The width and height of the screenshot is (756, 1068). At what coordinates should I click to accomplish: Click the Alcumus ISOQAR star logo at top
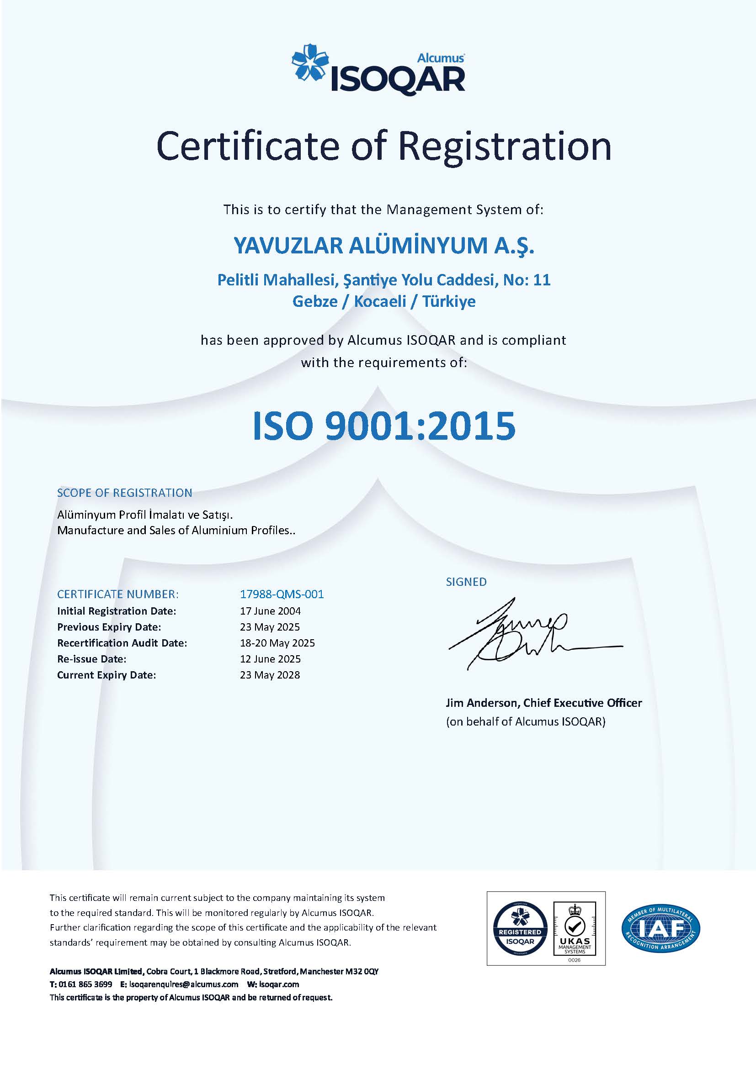(x=309, y=66)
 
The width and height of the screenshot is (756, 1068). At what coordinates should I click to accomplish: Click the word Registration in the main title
(x=505, y=146)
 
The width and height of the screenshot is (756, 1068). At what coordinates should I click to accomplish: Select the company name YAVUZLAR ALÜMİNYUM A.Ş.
(x=383, y=246)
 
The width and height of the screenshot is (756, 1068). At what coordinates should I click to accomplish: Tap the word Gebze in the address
(x=314, y=301)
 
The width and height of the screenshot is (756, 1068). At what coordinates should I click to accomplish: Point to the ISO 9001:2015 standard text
(x=383, y=426)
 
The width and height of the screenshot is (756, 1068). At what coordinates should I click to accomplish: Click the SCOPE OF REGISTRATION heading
(x=124, y=493)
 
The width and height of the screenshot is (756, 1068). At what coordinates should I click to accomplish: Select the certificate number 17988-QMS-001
(x=282, y=594)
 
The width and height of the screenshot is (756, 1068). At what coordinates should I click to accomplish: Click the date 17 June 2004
(x=270, y=611)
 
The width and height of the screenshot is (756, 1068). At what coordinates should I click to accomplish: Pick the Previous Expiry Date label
(x=109, y=627)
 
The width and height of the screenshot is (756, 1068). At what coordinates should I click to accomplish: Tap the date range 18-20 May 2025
(x=277, y=643)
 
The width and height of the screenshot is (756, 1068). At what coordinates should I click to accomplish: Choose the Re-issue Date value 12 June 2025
(x=270, y=659)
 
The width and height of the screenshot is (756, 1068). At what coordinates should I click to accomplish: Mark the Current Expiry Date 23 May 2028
(x=270, y=675)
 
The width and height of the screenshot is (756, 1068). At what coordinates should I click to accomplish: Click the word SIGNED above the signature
(x=466, y=582)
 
